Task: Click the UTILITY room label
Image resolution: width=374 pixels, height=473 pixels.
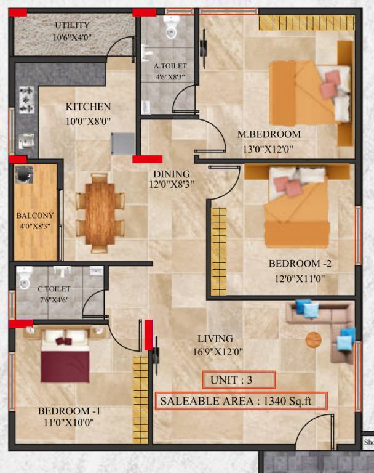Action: point(72,26)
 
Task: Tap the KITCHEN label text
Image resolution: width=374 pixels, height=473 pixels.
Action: point(88,107)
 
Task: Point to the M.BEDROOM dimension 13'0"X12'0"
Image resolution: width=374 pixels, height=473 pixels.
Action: point(269,148)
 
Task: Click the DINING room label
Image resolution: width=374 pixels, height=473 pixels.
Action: point(172,174)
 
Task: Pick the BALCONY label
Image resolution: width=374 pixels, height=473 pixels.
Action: point(34,216)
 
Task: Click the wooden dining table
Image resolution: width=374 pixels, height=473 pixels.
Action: point(100,213)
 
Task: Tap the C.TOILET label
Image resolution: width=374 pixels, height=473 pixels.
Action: point(54,289)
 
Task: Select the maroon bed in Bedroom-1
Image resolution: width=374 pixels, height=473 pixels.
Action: point(65,360)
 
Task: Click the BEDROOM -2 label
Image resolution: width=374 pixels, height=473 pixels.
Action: point(300,264)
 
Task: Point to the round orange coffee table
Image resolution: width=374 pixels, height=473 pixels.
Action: point(314,339)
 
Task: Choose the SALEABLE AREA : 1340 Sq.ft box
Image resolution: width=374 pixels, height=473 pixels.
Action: point(241,401)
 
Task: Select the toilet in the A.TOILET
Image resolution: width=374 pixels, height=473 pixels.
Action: point(171,26)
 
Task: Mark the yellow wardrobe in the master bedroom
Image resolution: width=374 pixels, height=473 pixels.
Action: point(306,23)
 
